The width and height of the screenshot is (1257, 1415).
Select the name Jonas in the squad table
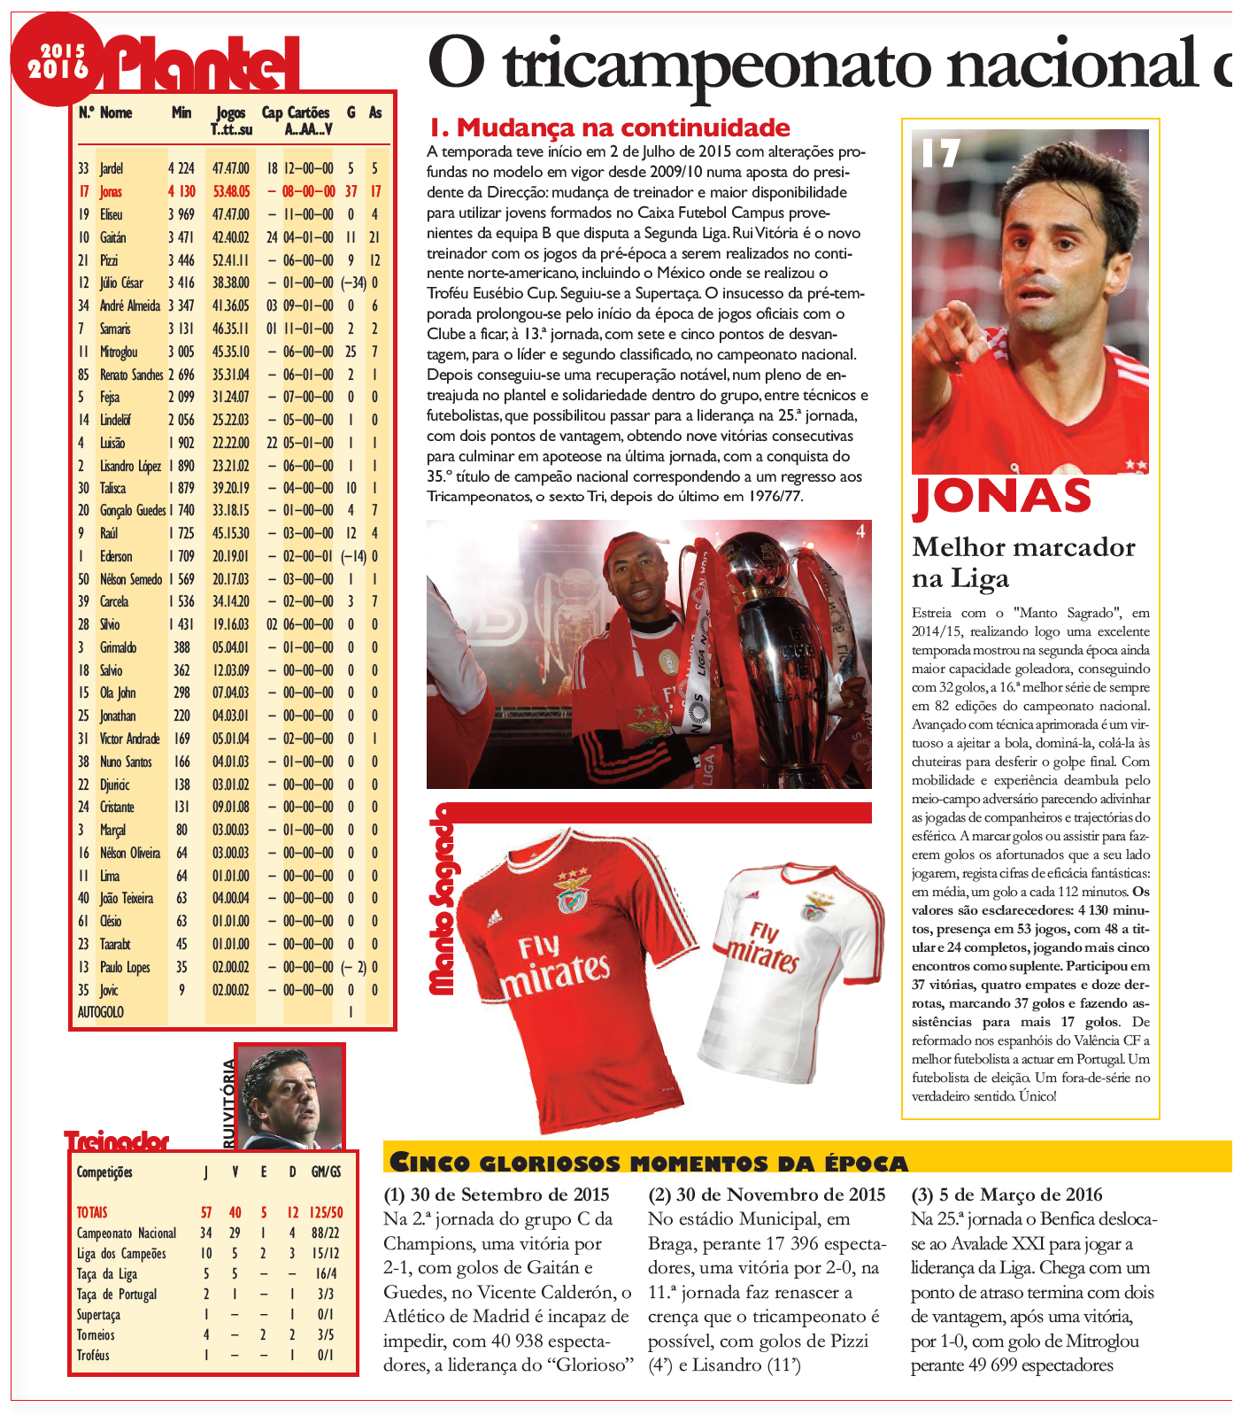point(111,191)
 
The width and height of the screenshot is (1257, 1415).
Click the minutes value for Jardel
point(181,168)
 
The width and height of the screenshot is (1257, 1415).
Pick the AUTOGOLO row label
point(101,1012)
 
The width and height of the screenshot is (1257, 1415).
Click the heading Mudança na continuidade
point(609,128)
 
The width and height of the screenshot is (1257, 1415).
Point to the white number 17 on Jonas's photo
point(940,154)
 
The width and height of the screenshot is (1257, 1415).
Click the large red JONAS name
point(1001,497)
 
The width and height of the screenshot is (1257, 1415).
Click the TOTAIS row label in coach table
point(92,1212)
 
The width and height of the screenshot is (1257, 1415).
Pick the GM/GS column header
point(326,1172)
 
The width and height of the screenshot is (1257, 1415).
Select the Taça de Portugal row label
point(117,1294)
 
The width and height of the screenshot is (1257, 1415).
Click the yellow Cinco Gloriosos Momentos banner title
point(649,1163)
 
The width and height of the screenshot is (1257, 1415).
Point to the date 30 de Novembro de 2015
point(767,1195)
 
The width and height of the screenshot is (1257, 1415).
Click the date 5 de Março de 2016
point(1006,1195)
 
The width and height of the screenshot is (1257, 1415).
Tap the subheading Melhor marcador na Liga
point(1023,562)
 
